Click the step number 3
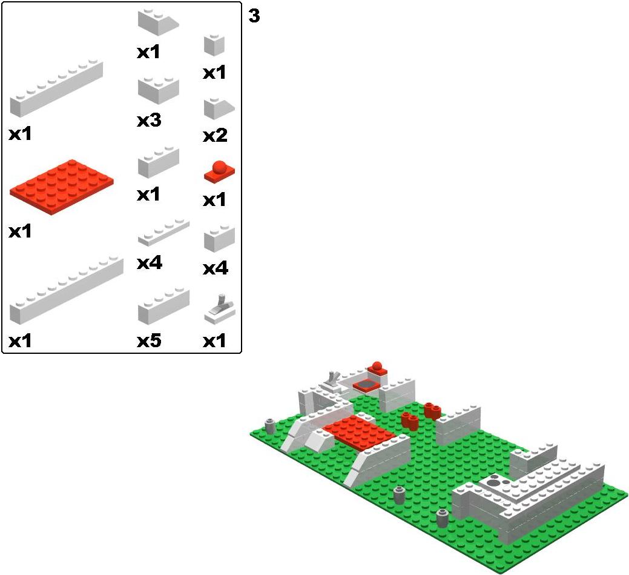coord(254,16)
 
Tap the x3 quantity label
coord(149,120)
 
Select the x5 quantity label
coord(149,341)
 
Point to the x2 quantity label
coord(215,136)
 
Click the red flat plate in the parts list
coord(62,187)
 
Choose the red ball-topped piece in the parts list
coord(219,171)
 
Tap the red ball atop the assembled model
coord(377,366)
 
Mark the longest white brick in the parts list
coord(66,290)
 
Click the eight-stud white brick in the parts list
coord(56,88)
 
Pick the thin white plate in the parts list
coord(163,233)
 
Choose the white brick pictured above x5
coord(163,306)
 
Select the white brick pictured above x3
coord(159,91)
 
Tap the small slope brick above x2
coord(219,108)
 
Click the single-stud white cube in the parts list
coord(214,45)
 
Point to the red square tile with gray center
coord(366,385)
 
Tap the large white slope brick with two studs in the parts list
coord(158,22)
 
